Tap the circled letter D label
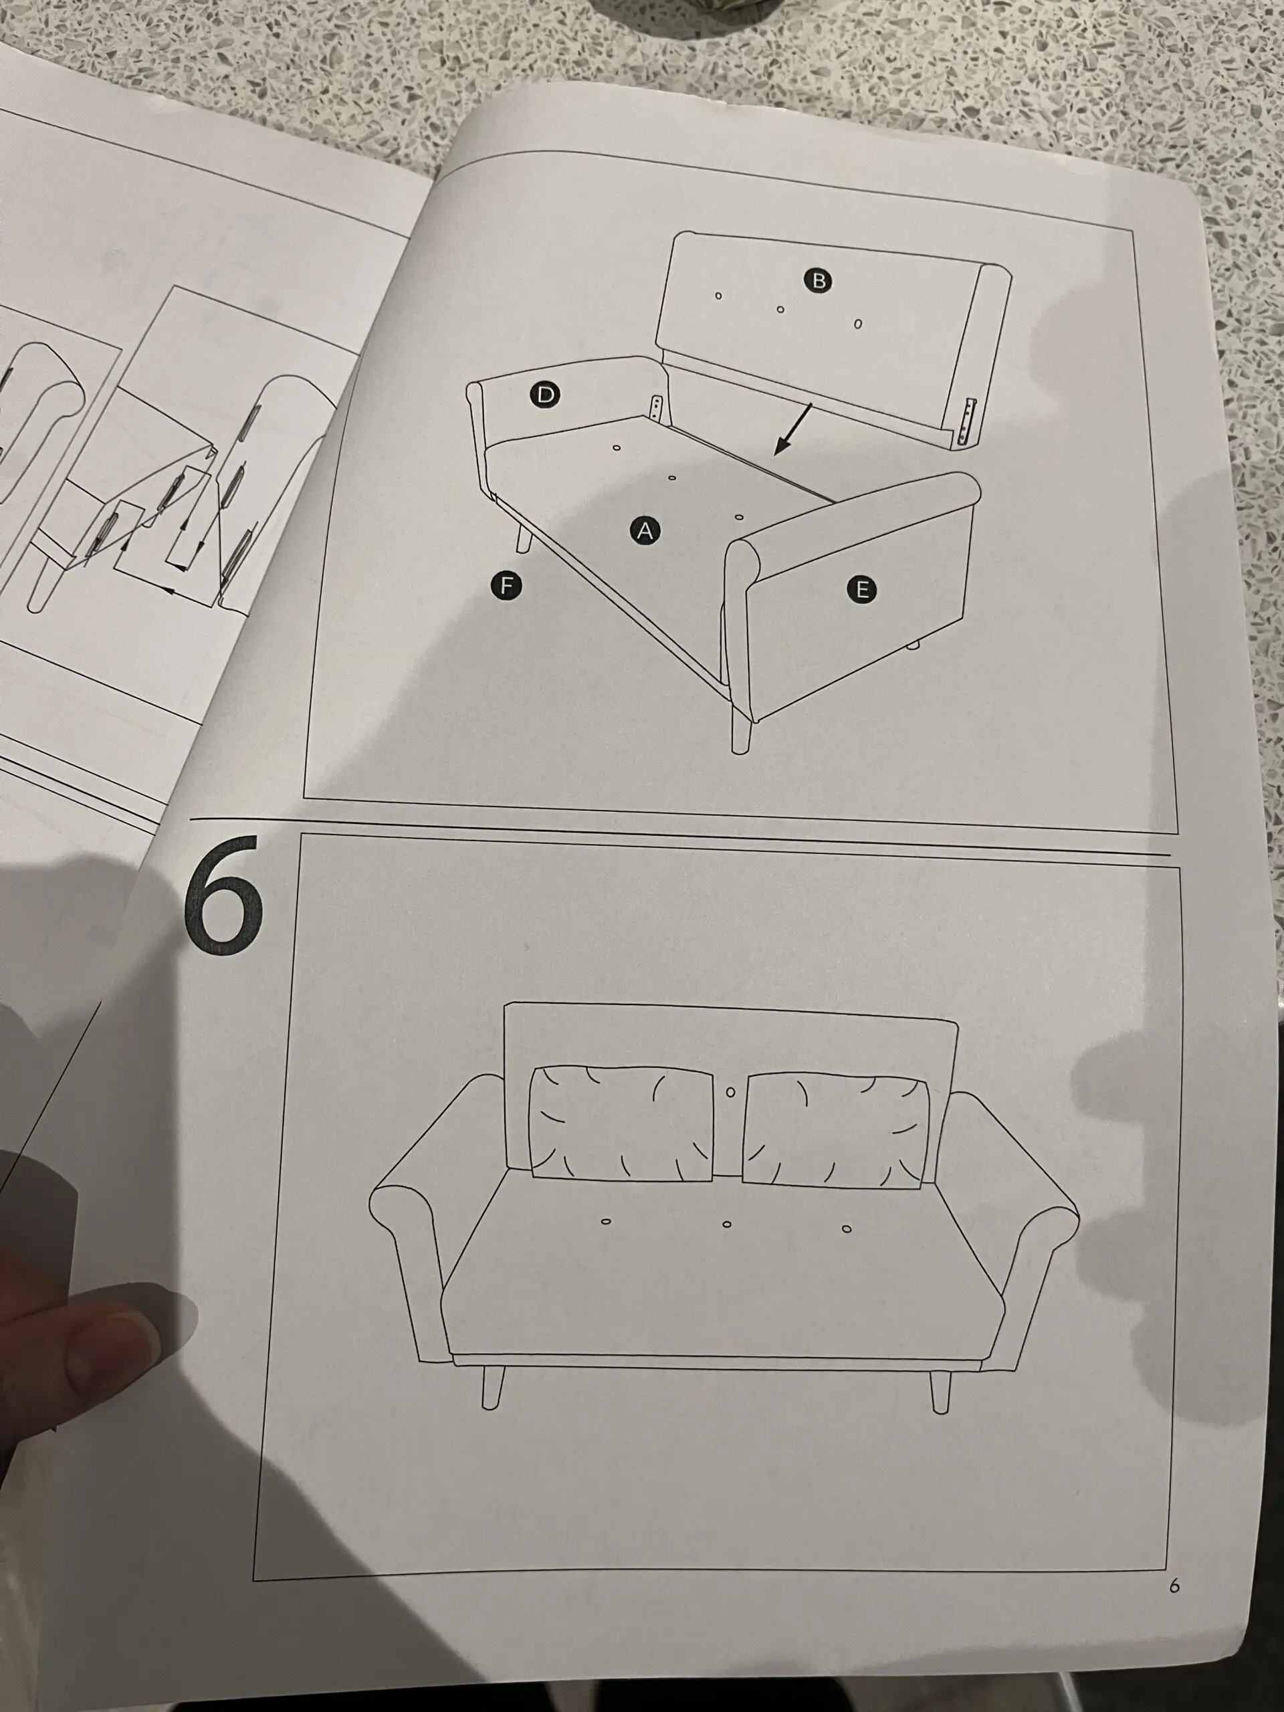546,395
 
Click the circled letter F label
506,585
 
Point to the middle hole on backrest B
780,310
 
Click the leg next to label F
523,535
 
